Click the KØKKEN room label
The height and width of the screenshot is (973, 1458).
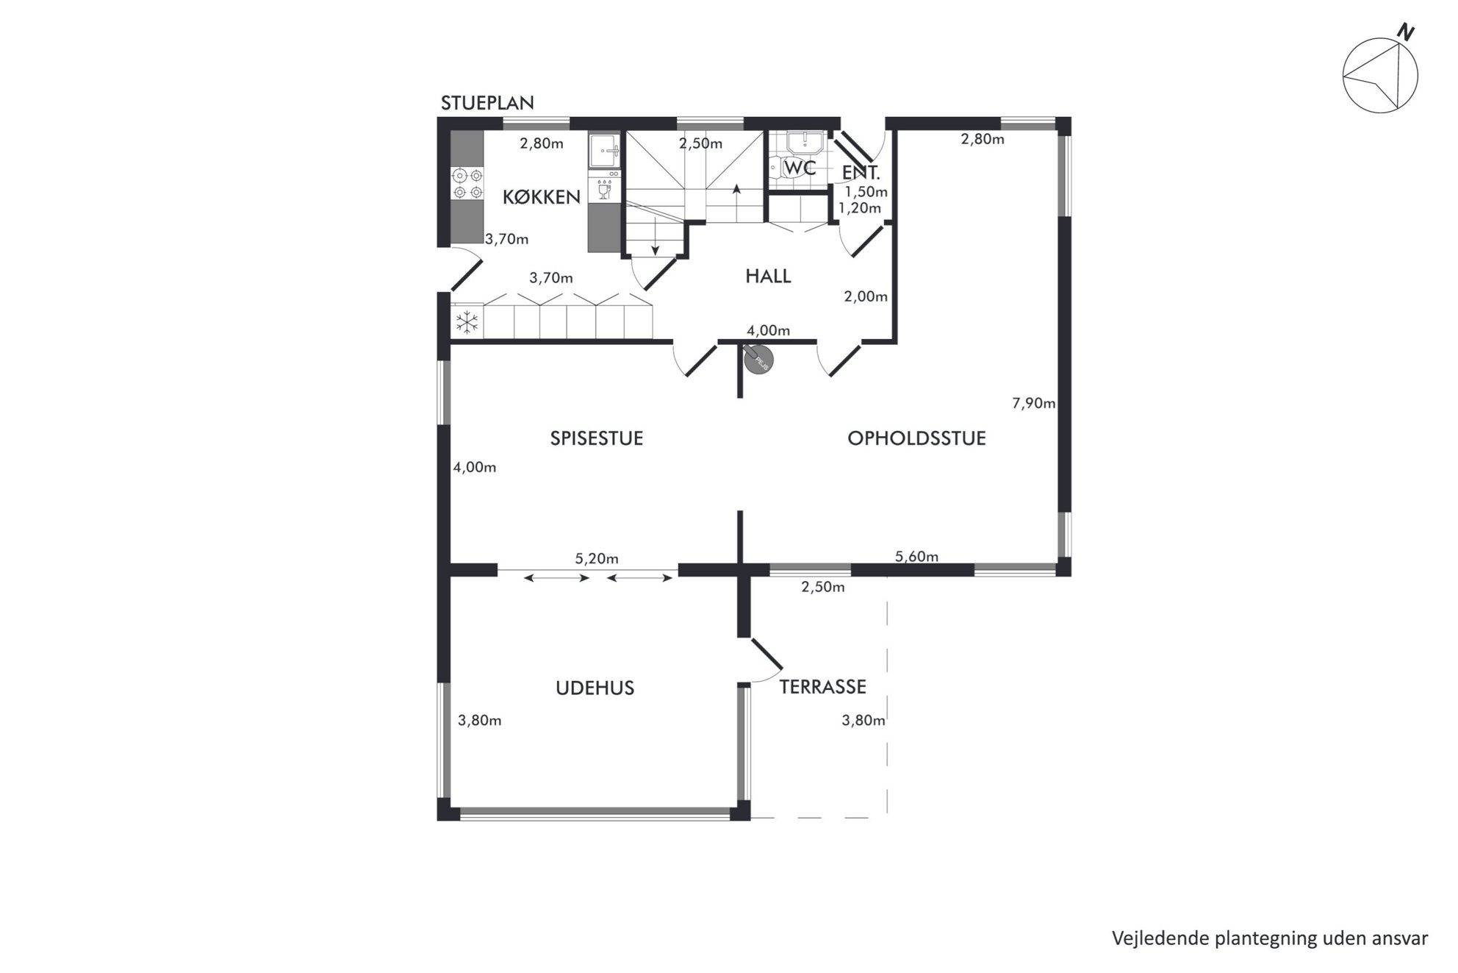point(542,196)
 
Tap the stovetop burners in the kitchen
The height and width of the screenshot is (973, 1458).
point(467,183)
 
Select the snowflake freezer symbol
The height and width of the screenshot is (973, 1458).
point(467,321)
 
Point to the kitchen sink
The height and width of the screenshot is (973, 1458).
point(605,152)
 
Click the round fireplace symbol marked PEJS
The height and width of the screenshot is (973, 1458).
point(758,360)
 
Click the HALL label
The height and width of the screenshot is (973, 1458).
point(768,276)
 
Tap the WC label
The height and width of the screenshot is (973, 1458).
point(800,168)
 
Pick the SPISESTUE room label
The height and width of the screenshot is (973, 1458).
point(597,438)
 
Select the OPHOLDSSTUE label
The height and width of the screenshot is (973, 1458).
point(916,438)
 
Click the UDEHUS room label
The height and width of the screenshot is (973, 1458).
point(595,688)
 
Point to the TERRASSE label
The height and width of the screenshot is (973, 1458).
point(822,686)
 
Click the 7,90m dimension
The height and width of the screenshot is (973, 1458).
point(1033,403)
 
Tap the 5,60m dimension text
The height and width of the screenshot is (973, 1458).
point(916,557)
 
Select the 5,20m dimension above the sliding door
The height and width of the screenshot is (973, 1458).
point(597,558)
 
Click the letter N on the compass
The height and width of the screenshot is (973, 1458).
point(1406,32)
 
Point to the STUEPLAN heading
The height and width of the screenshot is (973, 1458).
point(487,103)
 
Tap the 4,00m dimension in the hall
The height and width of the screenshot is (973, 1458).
point(768,331)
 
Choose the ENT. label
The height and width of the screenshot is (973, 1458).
point(861,174)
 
